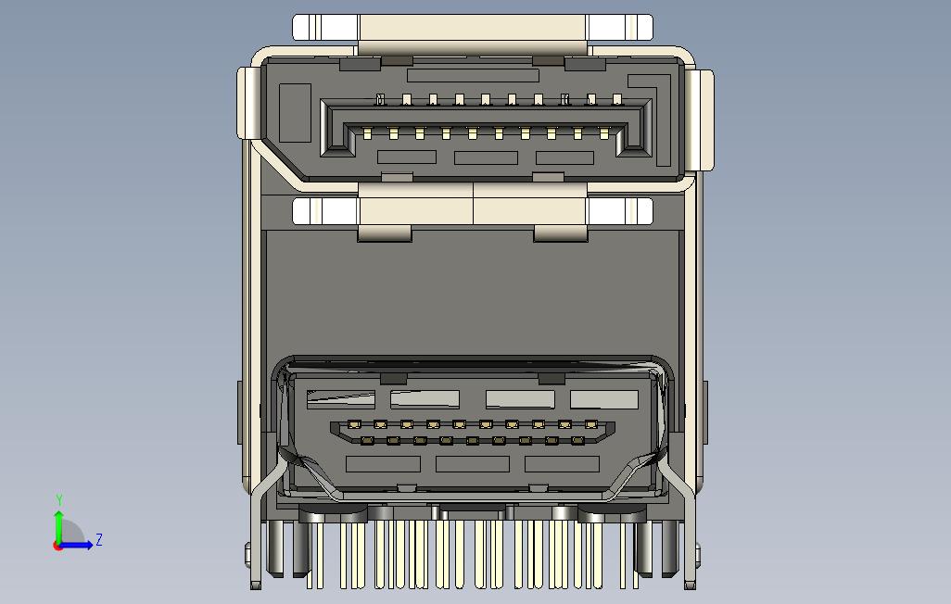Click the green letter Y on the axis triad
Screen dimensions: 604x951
pos(59,501)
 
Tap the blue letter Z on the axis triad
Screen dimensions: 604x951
pos(99,539)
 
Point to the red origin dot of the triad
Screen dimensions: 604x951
pos(58,546)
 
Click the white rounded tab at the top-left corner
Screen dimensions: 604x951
pos(324,27)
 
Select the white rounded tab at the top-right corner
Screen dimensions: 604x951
pos(620,27)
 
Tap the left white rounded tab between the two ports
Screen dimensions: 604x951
pos(324,211)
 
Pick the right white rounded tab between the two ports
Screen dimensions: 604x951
pos(620,211)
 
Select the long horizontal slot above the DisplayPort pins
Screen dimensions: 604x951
pos(473,75)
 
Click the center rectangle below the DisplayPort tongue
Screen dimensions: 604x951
pos(486,157)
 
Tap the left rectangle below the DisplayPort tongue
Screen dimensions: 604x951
pos(406,157)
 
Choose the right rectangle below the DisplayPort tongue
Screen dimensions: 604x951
pos(564,157)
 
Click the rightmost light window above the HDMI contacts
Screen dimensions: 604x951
pos(604,399)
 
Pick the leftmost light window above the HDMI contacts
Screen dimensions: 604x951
pos(341,399)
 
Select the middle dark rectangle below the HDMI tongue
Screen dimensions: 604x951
pos(473,464)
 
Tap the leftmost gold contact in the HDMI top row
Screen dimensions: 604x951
pos(353,425)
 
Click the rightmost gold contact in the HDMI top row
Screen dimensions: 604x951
pos(591,425)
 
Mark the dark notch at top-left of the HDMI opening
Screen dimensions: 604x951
pos(394,378)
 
